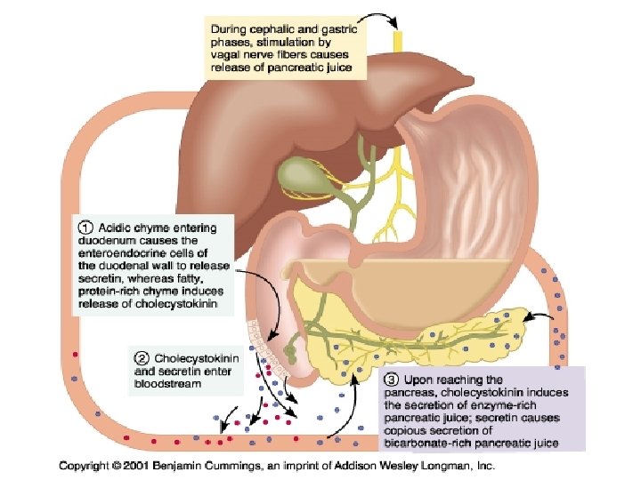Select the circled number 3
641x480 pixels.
[x=390, y=380]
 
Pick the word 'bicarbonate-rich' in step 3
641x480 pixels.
[x=426, y=441]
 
